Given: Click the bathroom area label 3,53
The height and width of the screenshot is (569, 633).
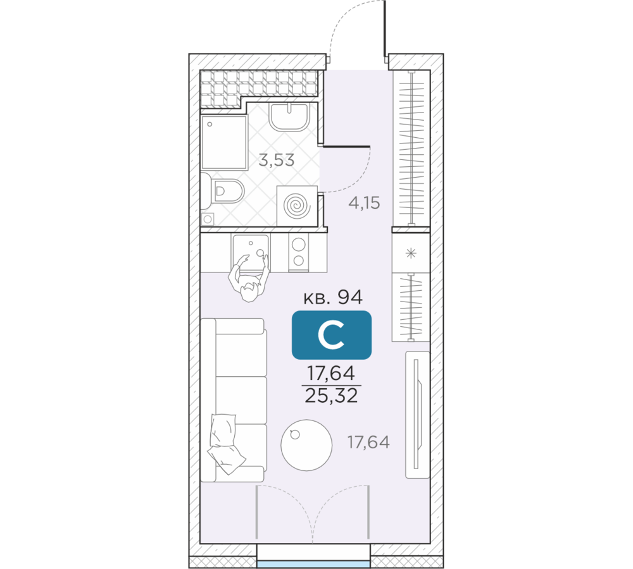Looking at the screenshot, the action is coord(277,161).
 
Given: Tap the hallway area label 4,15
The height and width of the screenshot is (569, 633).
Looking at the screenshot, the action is coord(364,203).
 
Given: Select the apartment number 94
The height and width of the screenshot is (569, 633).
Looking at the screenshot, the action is coord(350,297).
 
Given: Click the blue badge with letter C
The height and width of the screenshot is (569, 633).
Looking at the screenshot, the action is coord(332,334).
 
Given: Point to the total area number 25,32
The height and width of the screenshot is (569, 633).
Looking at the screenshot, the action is coord(332,396).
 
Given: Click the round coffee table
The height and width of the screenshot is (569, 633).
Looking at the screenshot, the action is coord(306,445).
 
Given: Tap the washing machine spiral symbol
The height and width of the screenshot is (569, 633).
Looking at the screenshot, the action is coord(297,206).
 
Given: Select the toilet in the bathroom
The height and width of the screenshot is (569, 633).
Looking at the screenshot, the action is coord(223,191).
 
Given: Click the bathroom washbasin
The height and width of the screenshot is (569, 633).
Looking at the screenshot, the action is coord(289,116).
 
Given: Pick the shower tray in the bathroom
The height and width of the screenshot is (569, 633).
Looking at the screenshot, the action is coord(224,142).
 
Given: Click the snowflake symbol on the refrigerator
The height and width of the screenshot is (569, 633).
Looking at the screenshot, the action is coord(411,254).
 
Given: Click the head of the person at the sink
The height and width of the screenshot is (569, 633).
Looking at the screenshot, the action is coord(249,291).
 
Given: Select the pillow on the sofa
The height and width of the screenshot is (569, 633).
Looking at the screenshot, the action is coord(225,443).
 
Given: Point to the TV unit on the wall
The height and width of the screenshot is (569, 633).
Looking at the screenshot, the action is coord(417,414).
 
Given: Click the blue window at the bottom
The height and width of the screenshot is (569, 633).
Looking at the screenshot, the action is coord(314,564).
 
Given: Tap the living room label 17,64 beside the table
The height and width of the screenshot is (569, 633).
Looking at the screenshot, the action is coord(368,443).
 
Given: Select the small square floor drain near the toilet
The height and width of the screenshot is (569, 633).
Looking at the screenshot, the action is coord(208,219).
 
